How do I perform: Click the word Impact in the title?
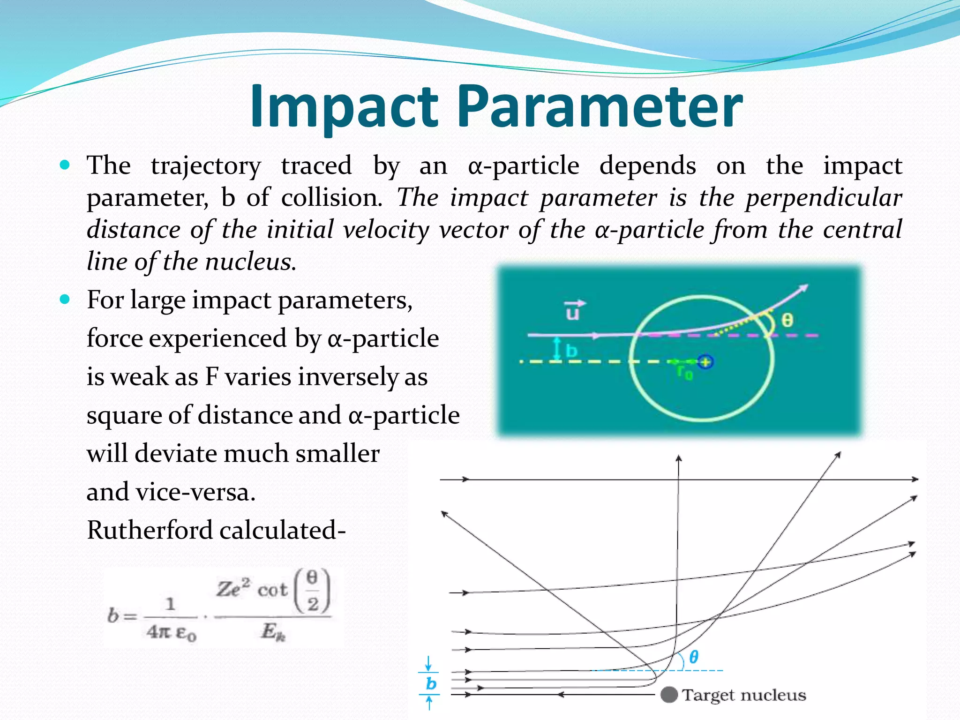coord(344,107)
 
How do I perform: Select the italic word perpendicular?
coord(824,198)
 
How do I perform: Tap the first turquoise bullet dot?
coord(65,165)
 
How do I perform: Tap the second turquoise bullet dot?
coord(65,299)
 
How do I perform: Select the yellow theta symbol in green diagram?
coord(787,321)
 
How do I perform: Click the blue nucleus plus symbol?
coord(705,362)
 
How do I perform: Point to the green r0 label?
coord(684,373)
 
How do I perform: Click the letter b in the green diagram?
coord(571,351)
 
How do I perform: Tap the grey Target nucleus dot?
coord(669,694)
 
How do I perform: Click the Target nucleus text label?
coord(744,695)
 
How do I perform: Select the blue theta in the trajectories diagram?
coord(694,657)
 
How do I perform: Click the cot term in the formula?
coord(272,590)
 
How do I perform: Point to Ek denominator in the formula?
coord(273,632)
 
